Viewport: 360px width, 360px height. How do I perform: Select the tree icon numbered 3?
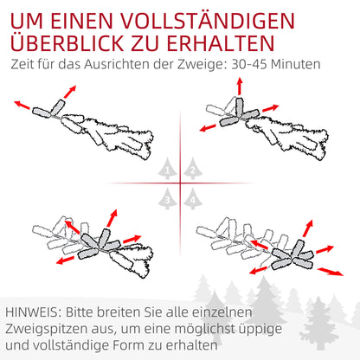coord(170,199)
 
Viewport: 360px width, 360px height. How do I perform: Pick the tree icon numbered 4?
coord(191,199)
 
